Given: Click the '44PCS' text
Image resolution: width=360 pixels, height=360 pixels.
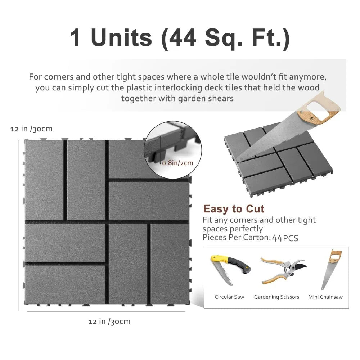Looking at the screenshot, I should point(285,238).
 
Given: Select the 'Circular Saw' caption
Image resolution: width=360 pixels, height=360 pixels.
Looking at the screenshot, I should point(229,297).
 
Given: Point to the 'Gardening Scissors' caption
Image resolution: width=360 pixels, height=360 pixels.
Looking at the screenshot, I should point(276,297).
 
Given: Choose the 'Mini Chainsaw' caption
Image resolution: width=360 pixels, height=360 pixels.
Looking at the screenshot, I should point(325,297).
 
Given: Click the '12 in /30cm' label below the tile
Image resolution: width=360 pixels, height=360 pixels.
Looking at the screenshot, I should point(109,321).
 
